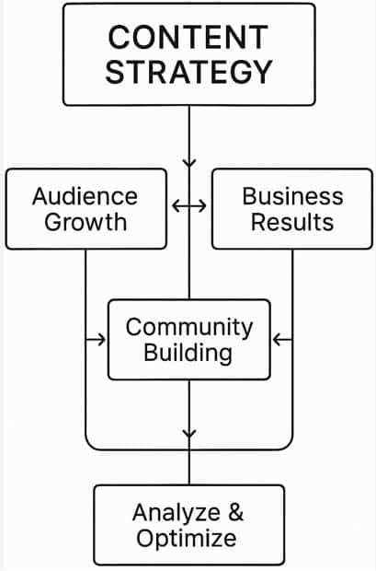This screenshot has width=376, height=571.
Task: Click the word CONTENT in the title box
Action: [x=188, y=37]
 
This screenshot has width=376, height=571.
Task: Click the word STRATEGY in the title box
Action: [x=188, y=72]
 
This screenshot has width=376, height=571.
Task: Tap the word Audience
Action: [x=85, y=196]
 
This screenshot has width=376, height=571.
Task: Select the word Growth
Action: [x=85, y=222]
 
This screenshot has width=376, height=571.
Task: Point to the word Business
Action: [x=292, y=196]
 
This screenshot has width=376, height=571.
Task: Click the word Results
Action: [x=292, y=222]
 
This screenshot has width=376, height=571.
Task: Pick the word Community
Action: [x=189, y=327]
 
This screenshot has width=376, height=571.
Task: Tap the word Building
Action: [x=188, y=354]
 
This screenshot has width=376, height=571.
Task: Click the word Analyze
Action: [x=177, y=513]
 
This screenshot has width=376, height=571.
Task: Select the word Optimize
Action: [x=187, y=539]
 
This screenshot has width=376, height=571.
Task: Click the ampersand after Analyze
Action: [x=236, y=512]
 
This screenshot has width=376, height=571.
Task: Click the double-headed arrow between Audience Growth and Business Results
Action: [x=189, y=205]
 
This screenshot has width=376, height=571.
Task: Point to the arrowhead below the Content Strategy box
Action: [x=189, y=162]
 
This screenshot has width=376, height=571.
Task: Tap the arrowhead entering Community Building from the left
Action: [x=101, y=340]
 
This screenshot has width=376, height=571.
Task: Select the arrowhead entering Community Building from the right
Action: [x=277, y=340]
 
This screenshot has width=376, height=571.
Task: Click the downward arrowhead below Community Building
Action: [x=189, y=434]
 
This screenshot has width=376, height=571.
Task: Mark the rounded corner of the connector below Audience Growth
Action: [x=89, y=446]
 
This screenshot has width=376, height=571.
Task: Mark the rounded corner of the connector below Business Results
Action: [x=289, y=446]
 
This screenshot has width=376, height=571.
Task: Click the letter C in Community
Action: [x=134, y=327]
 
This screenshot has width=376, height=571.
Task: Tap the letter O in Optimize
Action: [x=146, y=538]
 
